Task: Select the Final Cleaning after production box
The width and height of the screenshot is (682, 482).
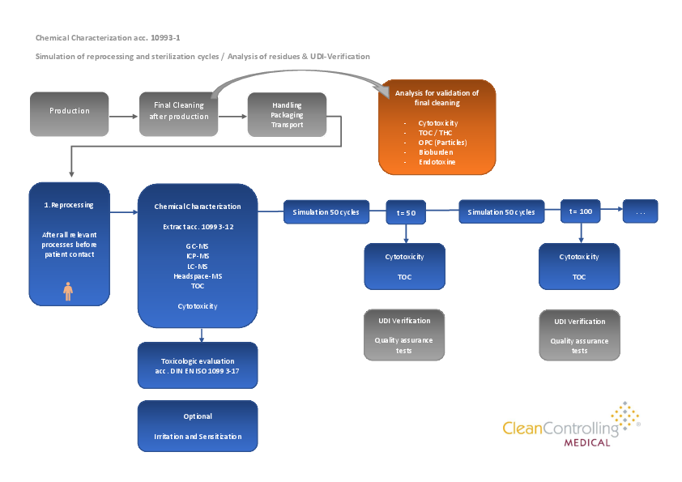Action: tap(179, 112)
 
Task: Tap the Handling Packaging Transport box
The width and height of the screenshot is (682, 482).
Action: tap(288, 114)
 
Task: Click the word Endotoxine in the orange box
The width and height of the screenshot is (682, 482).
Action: tap(437, 162)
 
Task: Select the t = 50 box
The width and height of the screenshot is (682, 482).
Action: tap(406, 212)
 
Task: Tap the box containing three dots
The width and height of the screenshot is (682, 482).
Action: tap(640, 211)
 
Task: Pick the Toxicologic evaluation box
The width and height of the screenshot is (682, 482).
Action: tap(198, 365)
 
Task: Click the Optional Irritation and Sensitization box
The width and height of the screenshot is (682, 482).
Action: tap(198, 426)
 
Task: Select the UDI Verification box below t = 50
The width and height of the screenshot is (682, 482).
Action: tap(403, 334)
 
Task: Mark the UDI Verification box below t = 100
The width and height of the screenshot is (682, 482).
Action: tap(580, 335)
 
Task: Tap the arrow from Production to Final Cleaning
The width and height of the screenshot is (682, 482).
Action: tap(123, 116)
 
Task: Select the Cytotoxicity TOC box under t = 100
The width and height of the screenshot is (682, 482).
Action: tap(580, 267)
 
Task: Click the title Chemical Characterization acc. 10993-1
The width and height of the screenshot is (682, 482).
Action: tap(113, 37)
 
